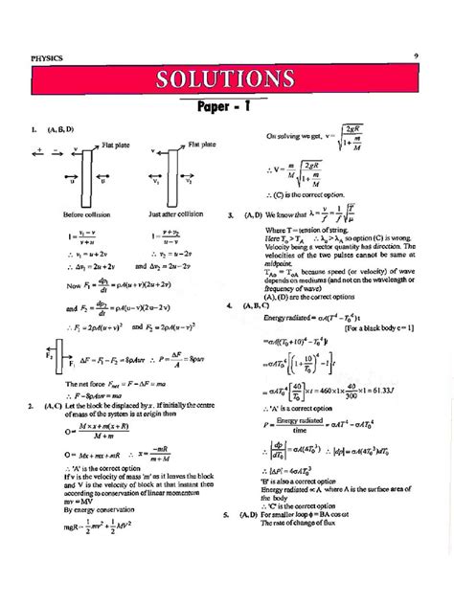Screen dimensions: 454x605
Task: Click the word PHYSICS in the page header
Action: point(47,58)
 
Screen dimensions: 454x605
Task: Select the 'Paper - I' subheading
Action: point(228,108)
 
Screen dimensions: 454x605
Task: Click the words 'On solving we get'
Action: point(296,138)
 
